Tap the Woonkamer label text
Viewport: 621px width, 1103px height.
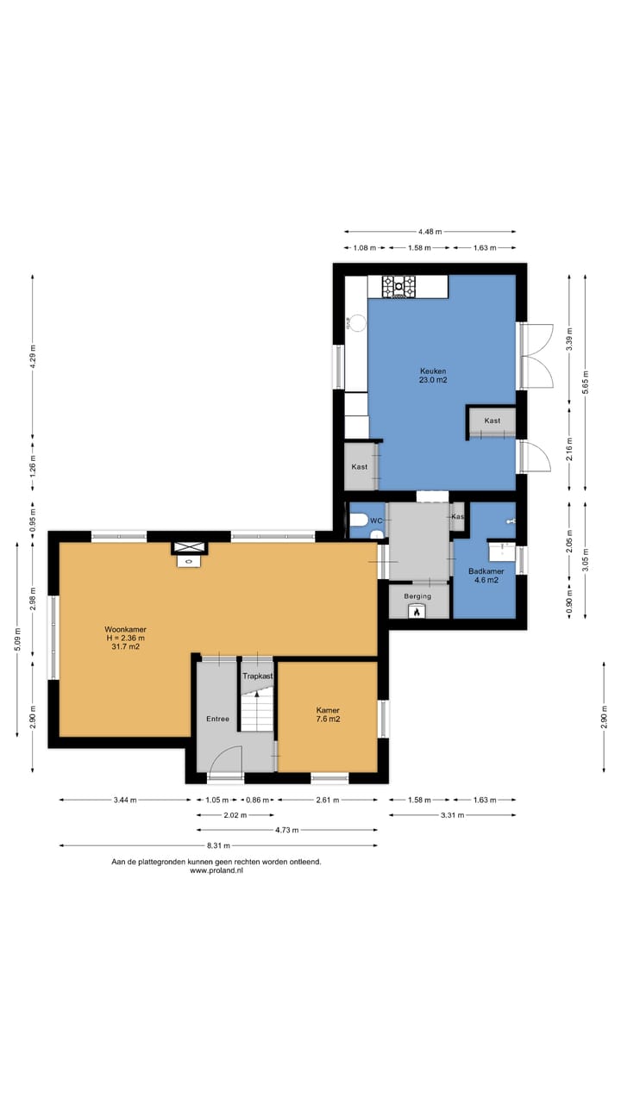[x=125, y=629]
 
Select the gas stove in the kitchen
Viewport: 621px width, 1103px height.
[x=398, y=286]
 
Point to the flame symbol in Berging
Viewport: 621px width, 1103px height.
[x=417, y=613]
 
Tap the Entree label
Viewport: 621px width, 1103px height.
[x=218, y=719]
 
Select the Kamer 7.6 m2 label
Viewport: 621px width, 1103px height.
[x=328, y=714]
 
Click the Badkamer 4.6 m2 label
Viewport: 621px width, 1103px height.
[x=486, y=576]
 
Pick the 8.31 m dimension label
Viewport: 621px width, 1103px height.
[x=218, y=845]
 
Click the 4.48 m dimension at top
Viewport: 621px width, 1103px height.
[x=430, y=232]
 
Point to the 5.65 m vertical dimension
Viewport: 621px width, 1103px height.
[x=585, y=382]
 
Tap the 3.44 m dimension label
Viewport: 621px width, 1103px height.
[x=125, y=801]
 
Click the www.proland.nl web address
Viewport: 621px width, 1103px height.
[x=216, y=870]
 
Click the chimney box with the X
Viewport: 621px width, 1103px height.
[x=189, y=546]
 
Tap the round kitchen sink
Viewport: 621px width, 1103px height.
[x=358, y=323]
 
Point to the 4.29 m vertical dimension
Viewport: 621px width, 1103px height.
[x=33, y=356]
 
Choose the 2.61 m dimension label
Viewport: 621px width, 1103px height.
[x=327, y=801]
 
